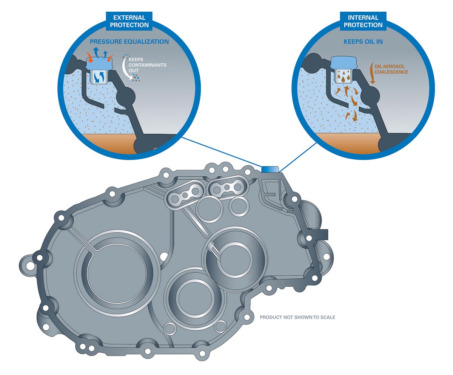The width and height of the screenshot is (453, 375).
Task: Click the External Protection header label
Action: pos(129,21)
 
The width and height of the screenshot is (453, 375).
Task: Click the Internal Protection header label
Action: pos(363,21)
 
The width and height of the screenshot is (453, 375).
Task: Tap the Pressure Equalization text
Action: pos(129,42)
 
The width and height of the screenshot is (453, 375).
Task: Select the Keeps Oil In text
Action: pos(363,42)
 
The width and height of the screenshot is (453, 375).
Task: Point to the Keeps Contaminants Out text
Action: pos(148,65)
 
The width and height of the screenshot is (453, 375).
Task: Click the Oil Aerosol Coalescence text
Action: pos(391,69)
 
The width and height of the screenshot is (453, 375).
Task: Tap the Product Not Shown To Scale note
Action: pos(297,317)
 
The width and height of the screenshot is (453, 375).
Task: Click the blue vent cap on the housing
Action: pos(270,169)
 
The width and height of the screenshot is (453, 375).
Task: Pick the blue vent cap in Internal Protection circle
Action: pos(344,63)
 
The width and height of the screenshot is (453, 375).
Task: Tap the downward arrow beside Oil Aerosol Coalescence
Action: pos(372,73)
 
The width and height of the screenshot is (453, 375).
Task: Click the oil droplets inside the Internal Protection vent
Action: pos(343,76)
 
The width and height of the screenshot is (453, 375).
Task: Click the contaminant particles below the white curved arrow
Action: pos(136,78)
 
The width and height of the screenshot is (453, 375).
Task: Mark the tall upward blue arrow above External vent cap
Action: pos(96,52)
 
